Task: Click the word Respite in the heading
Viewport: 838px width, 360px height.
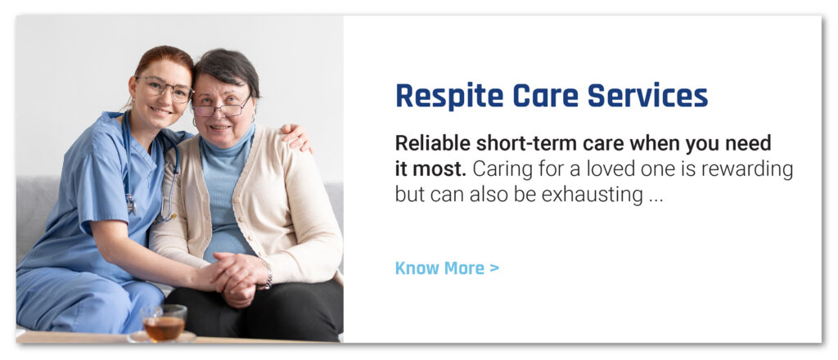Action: coord(449,97)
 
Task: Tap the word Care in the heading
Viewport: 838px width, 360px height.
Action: coord(546,96)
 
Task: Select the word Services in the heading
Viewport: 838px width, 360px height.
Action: coord(648,96)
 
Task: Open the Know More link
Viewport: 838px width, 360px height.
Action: coord(447,268)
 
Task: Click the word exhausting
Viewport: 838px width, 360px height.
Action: coord(592,196)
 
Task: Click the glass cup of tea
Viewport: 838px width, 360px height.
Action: coord(164,322)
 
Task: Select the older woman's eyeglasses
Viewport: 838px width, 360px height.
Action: coord(221,107)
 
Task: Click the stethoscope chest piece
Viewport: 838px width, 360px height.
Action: coord(131,204)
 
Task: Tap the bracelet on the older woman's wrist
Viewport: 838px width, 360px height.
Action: coord(268,276)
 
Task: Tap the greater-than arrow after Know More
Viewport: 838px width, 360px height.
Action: coord(493,268)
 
